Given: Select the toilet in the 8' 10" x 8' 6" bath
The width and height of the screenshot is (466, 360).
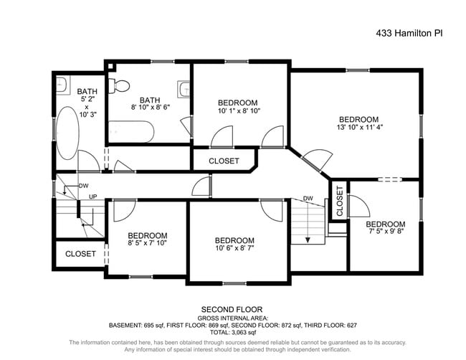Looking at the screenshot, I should click(x=120, y=85).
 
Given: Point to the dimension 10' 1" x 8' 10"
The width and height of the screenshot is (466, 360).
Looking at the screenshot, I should click(x=238, y=111).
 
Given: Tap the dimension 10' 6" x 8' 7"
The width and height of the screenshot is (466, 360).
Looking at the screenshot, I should click(x=234, y=249).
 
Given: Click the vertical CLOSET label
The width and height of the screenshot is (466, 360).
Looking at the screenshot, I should click(x=339, y=202).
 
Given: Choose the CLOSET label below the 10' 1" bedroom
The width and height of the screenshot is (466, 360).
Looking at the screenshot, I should click(x=224, y=161).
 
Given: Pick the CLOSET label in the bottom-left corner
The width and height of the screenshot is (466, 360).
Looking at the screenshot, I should click(x=80, y=254).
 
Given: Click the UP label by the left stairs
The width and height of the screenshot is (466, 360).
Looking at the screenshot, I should click(x=92, y=196).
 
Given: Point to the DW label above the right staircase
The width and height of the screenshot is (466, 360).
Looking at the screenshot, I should click(x=308, y=199).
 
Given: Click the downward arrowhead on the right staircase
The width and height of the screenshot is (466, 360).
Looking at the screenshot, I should click(x=307, y=241).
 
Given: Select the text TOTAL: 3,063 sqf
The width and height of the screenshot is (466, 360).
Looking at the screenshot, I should click(x=232, y=332).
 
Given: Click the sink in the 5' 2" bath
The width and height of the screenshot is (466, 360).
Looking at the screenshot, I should click(x=62, y=82).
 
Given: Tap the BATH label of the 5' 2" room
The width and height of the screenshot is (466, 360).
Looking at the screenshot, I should click(x=87, y=91).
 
